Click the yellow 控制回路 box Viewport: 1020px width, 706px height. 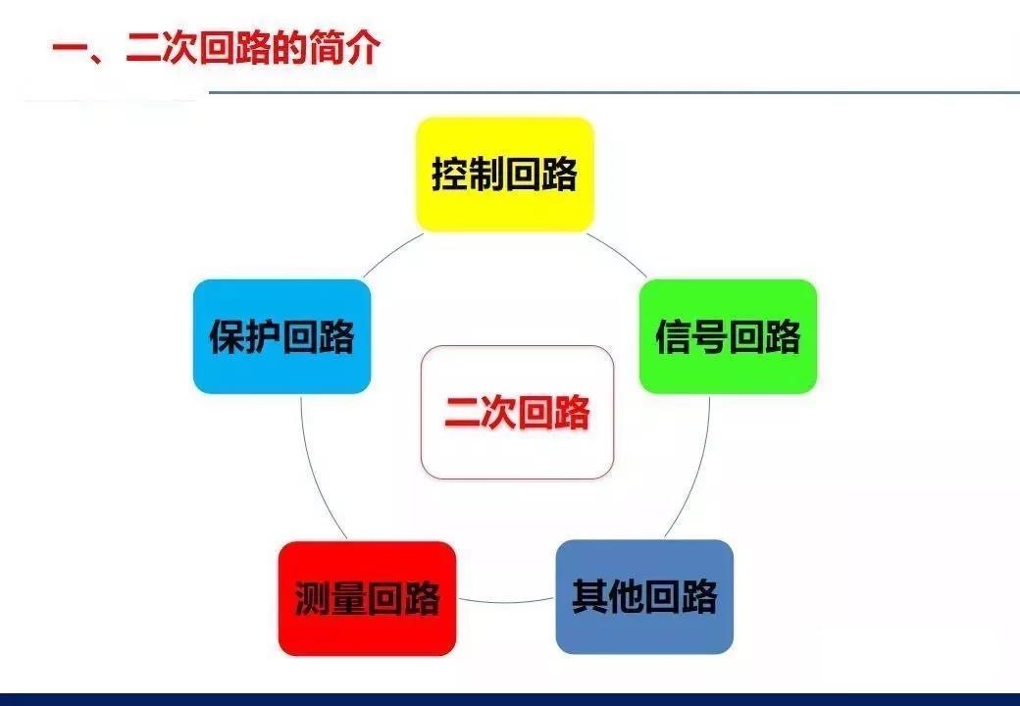pos(505,175)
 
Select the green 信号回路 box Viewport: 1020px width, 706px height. pos(728,336)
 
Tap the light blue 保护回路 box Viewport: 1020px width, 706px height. pos(281,336)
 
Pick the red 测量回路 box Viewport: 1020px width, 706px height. pos(367,598)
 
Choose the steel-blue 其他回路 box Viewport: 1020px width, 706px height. pos(644,597)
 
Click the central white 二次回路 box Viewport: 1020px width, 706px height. pos(517,412)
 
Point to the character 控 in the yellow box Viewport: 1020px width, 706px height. pos(449,175)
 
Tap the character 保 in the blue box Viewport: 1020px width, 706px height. pos(227,336)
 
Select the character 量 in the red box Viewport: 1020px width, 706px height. pos(349,599)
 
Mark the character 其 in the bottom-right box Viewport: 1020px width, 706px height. pos(589,597)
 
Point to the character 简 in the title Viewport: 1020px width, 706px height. pos(326,47)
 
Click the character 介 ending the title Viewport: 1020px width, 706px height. pos(362,47)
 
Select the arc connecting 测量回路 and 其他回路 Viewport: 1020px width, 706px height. pos(506,602)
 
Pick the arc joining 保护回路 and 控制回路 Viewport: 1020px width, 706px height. pos(391,254)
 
